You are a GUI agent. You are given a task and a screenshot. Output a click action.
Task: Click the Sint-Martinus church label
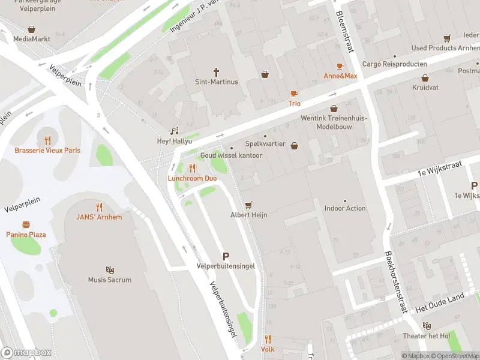[217, 82]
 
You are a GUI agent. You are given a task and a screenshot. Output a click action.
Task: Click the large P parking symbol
[226, 256]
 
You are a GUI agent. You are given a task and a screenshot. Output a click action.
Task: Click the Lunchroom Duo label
[193, 179]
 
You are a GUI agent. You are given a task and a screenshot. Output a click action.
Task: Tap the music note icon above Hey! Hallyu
[175, 131]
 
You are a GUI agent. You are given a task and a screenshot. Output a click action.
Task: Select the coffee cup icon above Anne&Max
[340, 66]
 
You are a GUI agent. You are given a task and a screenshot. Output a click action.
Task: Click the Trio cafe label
[294, 103]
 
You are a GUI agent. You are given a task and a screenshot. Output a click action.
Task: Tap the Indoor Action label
[345, 208]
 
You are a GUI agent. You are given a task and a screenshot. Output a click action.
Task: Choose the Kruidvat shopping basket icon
[425, 78]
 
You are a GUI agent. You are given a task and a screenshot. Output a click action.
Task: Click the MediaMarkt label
[31, 38]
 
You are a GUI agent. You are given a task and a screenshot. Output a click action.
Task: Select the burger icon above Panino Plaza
[26, 224]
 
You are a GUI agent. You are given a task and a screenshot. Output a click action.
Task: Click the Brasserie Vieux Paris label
[47, 150]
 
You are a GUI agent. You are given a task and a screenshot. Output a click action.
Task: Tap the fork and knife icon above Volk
[268, 339]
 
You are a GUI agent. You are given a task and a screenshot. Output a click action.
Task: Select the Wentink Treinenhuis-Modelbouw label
[334, 122]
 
